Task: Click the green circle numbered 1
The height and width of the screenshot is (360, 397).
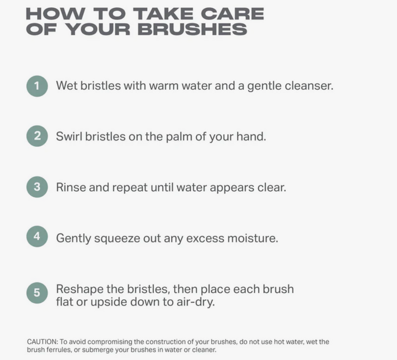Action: pyautogui.click(x=37, y=86)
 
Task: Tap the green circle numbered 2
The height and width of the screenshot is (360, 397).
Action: pyautogui.click(x=37, y=136)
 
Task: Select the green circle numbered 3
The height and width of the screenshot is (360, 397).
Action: pyautogui.click(x=37, y=187)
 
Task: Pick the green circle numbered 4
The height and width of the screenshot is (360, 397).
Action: pyautogui.click(x=37, y=237)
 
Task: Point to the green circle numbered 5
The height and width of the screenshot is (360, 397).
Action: pyautogui.click(x=37, y=293)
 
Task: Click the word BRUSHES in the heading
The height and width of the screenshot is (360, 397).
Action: pyautogui.click(x=192, y=29)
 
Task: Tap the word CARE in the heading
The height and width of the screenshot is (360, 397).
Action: pyautogui.click(x=233, y=14)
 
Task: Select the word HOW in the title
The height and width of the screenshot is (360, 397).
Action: pyautogui.click(x=56, y=14)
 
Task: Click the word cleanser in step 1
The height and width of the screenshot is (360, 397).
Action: pyautogui.click(x=309, y=85)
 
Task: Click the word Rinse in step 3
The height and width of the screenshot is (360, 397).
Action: pyautogui.click(x=71, y=187)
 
